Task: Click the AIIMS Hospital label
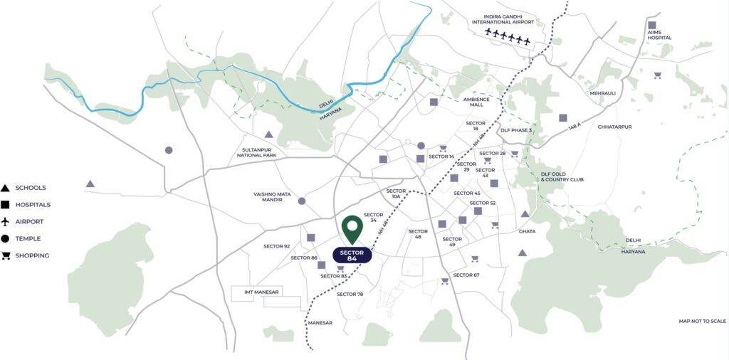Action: coord(659,34)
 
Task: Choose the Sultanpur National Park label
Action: coord(258,152)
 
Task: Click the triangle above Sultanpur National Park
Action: coord(269,134)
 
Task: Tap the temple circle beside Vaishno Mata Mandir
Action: coord(301,201)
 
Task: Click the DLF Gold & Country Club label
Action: coord(562,176)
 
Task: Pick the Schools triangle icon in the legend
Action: coord(6,188)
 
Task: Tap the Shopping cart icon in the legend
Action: coord(6,255)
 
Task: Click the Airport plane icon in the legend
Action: coord(6,222)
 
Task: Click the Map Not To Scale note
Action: coord(703,322)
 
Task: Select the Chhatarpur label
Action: coord(615,127)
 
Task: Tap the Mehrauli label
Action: coord(602,93)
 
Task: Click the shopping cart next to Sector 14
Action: coord(443,149)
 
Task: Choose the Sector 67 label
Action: coord(466,275)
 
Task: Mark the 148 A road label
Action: coord(575,129)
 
